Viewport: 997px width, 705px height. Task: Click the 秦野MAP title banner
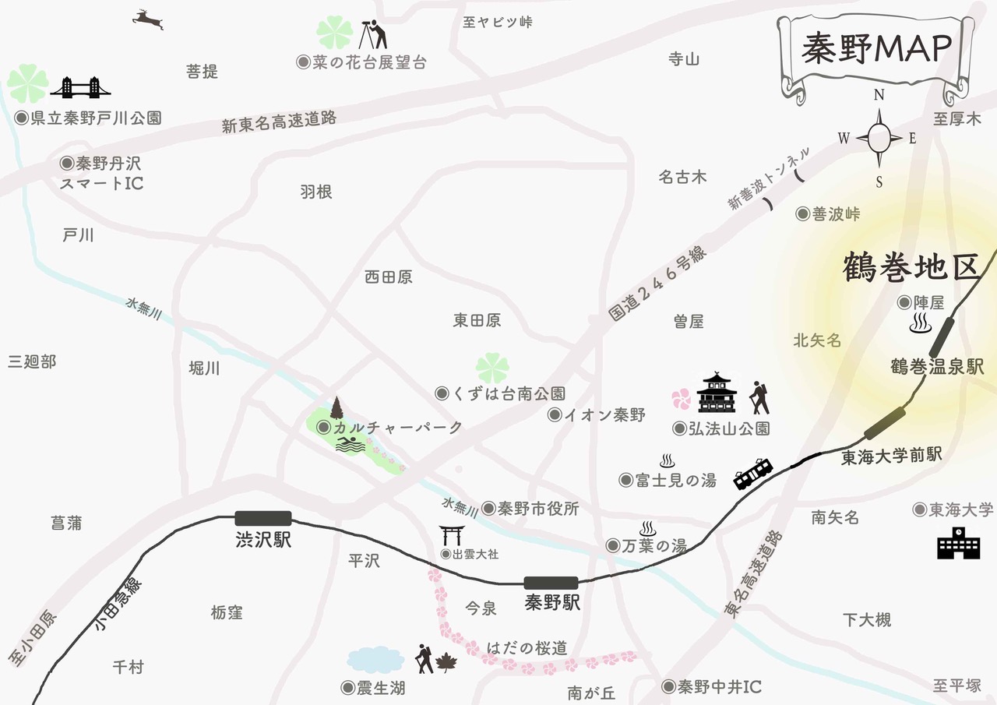click(876, 50)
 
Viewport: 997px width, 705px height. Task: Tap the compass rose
click(879, 139)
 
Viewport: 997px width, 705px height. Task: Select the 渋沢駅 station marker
click(263, 518)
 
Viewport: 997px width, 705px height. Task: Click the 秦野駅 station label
click(552, 603)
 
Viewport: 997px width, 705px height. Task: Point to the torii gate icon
click(452, 536)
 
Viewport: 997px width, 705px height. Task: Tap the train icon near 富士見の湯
click(753, 473)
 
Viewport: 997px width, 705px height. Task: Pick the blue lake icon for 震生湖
click(375, 660)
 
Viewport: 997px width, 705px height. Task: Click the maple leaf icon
click(447, 663)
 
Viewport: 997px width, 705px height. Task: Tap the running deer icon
click(148, 19)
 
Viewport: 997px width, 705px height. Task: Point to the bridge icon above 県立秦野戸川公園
click(80, 87)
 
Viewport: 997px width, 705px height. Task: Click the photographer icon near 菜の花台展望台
click(376, 34)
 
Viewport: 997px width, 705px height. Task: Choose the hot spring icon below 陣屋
click(921, 323)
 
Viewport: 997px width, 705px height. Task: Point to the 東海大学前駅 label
click(893, 456)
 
